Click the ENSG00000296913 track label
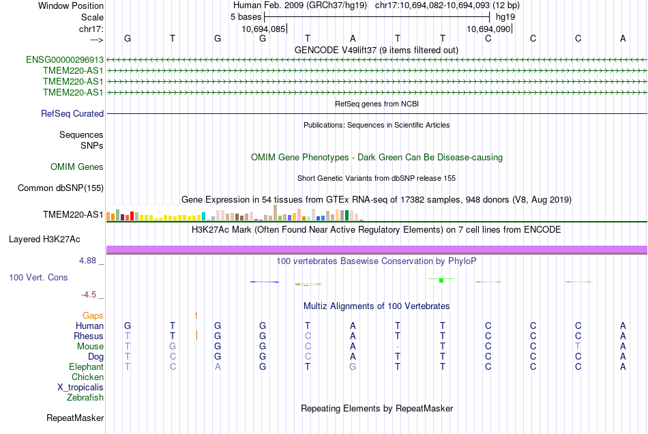65,59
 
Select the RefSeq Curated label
72,113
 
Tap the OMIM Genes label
77,167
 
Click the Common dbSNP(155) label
61,188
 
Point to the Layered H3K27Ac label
44,240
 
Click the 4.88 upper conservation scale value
87,261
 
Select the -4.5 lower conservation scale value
89,294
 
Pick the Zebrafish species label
85,397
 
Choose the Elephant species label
87,366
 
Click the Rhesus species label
89,336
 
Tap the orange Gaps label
93,316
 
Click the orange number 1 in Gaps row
196,316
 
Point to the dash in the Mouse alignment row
398,347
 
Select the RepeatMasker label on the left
75,418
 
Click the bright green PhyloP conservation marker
441,280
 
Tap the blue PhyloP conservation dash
265,282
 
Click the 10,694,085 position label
263,29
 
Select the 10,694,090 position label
488,29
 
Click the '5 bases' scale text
246,17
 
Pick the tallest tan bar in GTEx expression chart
276,213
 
